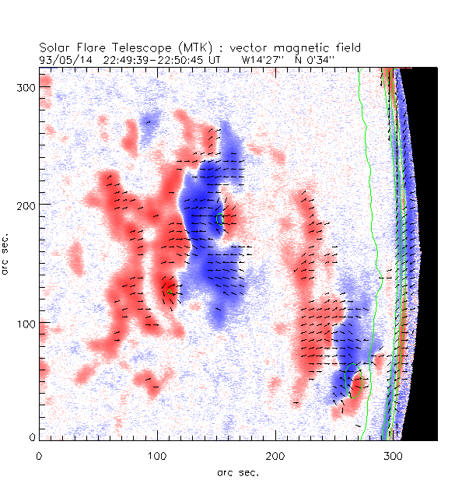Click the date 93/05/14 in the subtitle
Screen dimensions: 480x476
point(61,58)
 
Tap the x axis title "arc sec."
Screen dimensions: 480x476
point(237,471)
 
